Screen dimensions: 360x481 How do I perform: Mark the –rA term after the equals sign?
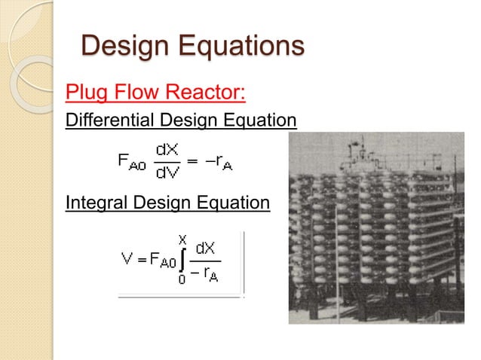point(219,161)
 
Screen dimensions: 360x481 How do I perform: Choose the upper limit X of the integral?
point(182,239)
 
